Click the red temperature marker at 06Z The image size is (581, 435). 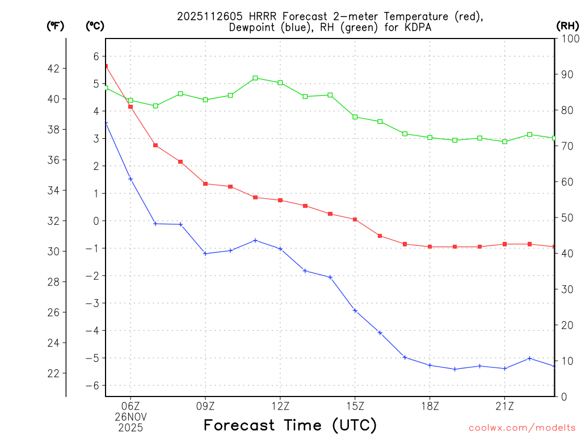(x=130, y=106)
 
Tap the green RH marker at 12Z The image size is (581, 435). (x=280, y=83)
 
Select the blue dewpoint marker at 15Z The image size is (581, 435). (x=355, y=310)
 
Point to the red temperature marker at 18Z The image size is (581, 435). (x=430, y=246)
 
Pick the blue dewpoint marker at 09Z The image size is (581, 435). (x=205, y=253)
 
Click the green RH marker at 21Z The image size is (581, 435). (x=505, y=142)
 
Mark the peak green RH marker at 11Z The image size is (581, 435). (x=255, y=78)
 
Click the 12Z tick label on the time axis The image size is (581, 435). (x=280, y=406)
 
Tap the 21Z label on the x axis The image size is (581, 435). (x=505, y=406)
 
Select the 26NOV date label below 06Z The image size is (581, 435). (x=130, y=416)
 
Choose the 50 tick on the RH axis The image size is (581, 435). (x=566, y=218)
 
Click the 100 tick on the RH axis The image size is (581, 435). (x=568, y=39)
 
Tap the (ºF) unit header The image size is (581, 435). (x=55, y=25)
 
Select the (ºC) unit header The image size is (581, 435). (x=95, y=25)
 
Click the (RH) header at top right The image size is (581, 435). (x=567, y=25)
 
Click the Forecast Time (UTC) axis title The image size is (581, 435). (x=290, y=425)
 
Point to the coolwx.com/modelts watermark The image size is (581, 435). (x=522, y=428)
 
